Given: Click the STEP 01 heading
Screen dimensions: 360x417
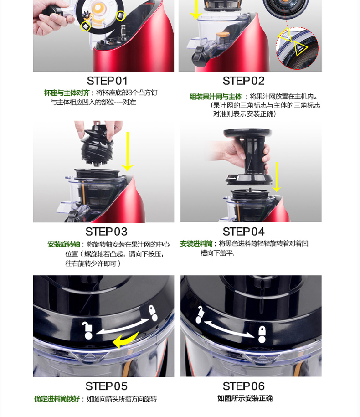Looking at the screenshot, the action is (107, 81).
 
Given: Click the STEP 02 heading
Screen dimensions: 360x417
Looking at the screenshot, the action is (243, 81).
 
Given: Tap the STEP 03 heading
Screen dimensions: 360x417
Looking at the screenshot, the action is (106, 232).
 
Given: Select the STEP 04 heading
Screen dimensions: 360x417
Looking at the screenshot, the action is (243, 232).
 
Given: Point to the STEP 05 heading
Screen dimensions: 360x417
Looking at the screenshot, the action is (106, 386).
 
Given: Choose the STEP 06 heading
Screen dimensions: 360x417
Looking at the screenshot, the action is (243, 386).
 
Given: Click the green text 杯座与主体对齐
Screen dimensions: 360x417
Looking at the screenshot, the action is (67, 93).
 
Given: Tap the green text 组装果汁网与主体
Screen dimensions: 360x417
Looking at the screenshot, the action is (216, 97).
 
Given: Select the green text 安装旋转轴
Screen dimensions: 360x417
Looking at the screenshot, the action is (64, 244).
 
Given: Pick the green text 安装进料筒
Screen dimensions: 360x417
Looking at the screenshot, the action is (196, 244).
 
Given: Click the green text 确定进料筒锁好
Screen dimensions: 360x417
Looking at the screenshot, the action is (57, 399).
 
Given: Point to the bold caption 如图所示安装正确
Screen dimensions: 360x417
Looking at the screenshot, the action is (245, 398).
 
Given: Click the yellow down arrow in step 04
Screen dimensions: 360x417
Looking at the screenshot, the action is (277, 177).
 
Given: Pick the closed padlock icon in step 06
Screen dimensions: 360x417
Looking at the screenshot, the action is (262, 335).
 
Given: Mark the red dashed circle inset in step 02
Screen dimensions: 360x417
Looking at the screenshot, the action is (297, 48).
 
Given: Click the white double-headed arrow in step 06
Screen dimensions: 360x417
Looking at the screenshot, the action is (229, 329).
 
